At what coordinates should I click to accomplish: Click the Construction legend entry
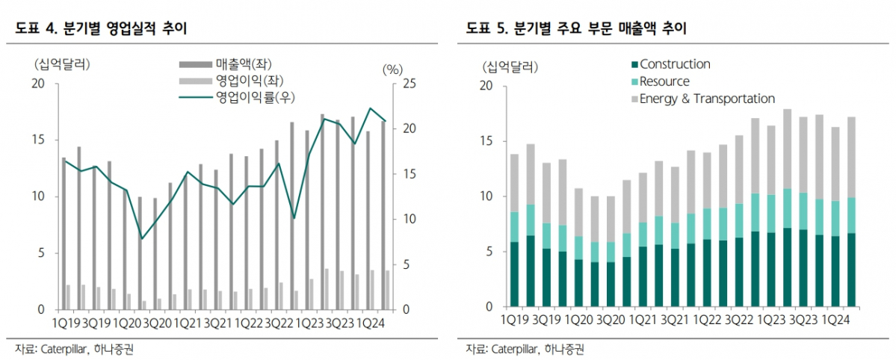coord(674,64)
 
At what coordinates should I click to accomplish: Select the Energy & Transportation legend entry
coord(706,99)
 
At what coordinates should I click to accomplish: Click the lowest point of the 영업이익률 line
coord(142,238)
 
